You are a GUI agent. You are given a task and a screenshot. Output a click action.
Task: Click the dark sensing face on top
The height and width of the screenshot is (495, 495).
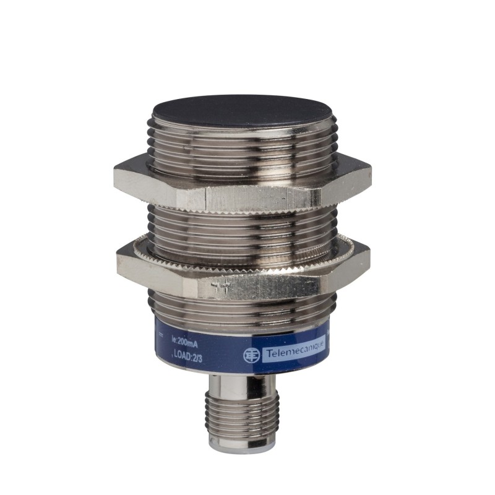click(x=242, y=111)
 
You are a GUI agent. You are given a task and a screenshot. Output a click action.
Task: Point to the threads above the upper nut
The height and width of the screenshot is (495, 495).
click(x=242, y=148)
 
